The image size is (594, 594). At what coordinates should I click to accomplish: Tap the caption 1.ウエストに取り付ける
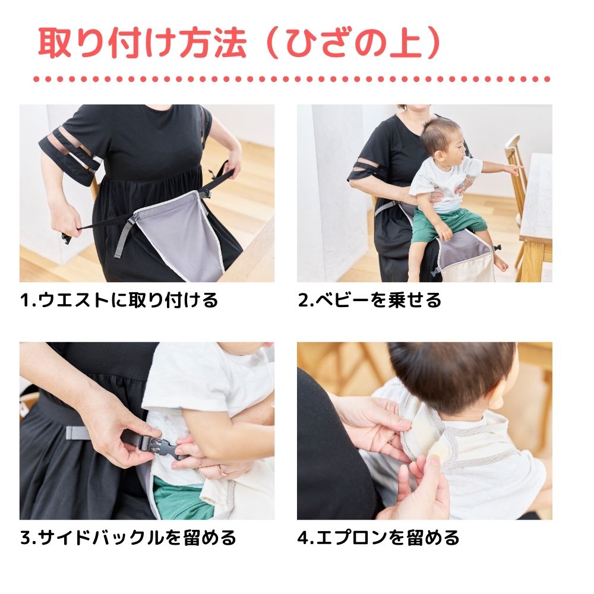[x=119, y=300]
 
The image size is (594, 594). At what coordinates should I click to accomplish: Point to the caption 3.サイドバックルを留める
[x=128, y=538]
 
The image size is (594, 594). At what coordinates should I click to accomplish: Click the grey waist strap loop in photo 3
[x=77, y=431]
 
